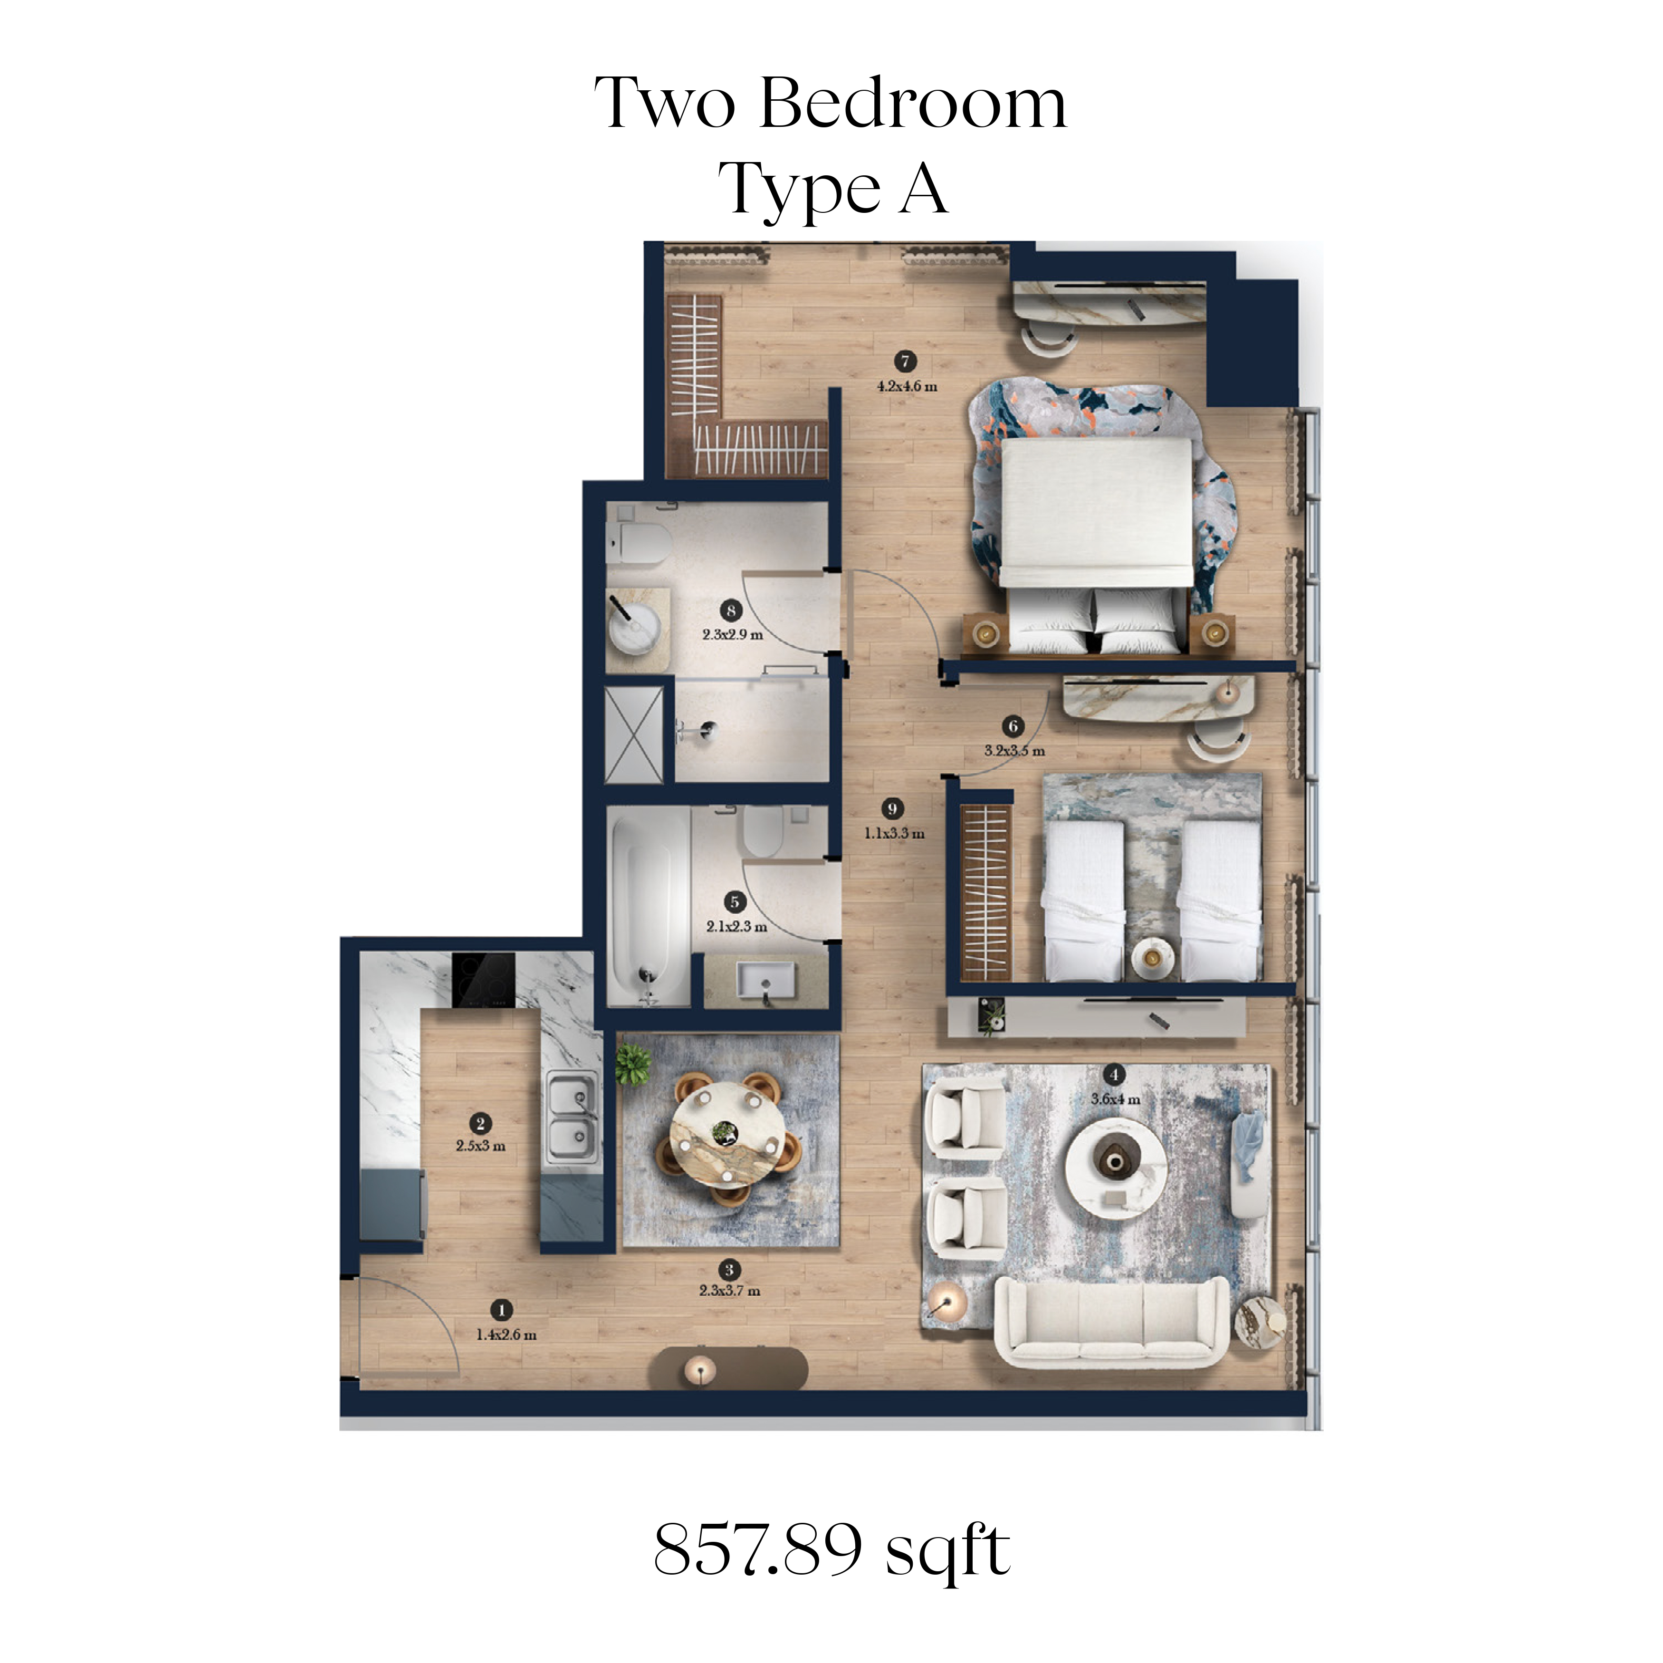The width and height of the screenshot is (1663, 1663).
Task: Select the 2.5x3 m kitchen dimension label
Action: pyautogui.click(x=480, y=1146)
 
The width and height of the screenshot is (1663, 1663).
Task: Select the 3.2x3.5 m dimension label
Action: pyautogui.click(x=1015, y=751)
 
